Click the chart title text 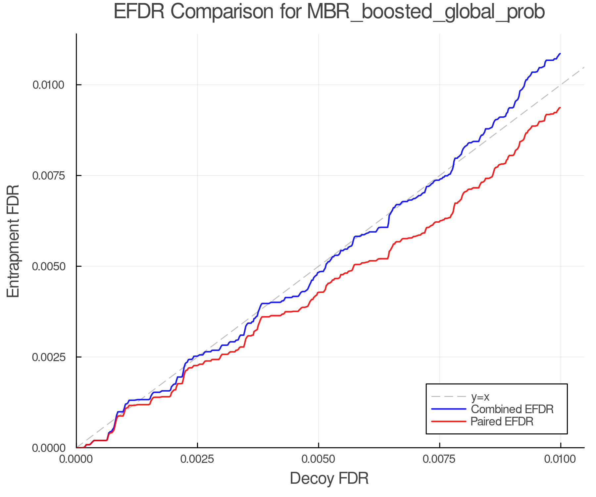[x=329, y=12]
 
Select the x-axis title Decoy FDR [x=329, y=478]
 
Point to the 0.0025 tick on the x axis [x=197, y=459]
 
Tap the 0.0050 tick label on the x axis [x=319, y=459]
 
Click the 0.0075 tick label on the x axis [x=439, y=459]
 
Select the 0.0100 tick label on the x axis [x=560, y=459]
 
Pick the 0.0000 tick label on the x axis [x=76, y=459]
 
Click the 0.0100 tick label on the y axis [x=48, y=85]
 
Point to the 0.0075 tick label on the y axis [x=48, y=176]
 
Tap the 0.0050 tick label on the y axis [x=48, y=266]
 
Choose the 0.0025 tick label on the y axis [x=48, y=357]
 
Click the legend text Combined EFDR [x=512, y=409]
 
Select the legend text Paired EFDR [x=502, y=421]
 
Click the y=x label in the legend [x=480, y=397]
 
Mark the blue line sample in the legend [x=449, y=409]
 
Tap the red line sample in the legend [x=449, y=421]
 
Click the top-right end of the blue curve [x=560, y=53]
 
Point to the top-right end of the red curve [x=560, y=108]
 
